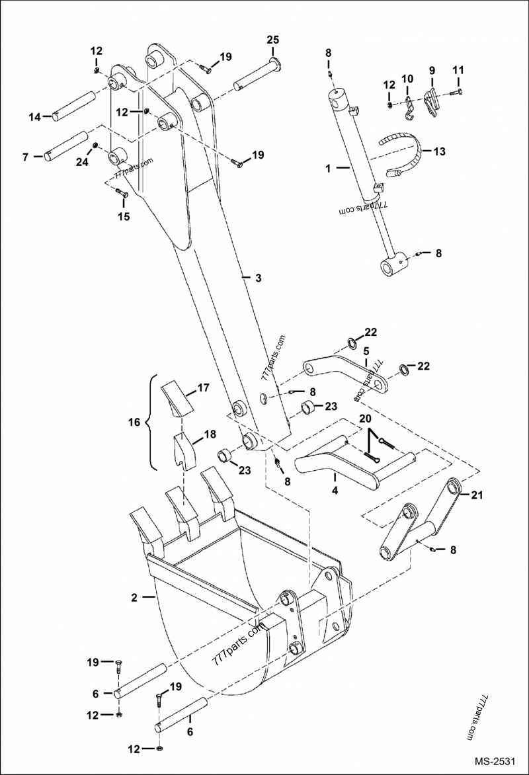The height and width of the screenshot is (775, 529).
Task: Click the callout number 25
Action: pos(272,40)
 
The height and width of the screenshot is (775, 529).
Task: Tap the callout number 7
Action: pos(25,157)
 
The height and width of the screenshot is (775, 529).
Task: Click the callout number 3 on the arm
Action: pos(259,278)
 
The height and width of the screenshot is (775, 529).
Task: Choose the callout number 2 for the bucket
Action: pos(134,597)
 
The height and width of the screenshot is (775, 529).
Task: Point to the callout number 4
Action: pos(335,491)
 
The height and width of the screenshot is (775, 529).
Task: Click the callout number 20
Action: pos(365,419)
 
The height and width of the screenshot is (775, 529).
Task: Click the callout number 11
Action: pos(458,69)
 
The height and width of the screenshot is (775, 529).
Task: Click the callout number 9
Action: pos(432,69)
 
